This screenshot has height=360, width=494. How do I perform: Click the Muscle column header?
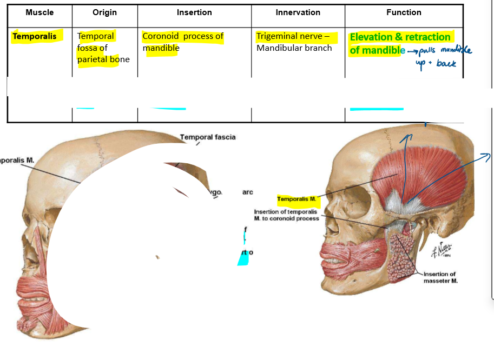39,12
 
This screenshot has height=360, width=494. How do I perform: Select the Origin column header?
104,12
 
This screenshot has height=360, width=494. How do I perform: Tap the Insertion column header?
194,12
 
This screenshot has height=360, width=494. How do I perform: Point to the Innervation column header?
298,12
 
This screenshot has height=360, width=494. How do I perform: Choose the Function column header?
404,12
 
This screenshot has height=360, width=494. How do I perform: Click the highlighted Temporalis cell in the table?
34,37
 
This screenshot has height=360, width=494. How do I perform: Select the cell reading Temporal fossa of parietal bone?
103,48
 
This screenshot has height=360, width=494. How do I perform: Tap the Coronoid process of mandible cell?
182,42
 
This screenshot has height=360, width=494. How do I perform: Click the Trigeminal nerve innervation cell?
295,42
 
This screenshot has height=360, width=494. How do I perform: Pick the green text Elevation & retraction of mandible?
400,44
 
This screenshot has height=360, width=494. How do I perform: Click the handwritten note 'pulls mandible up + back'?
439,56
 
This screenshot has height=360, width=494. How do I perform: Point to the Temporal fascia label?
208,137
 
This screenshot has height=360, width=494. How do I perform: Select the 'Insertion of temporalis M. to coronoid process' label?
286,215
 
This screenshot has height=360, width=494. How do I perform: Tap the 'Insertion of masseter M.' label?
440,277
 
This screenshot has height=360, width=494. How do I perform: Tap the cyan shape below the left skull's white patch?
243,258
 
